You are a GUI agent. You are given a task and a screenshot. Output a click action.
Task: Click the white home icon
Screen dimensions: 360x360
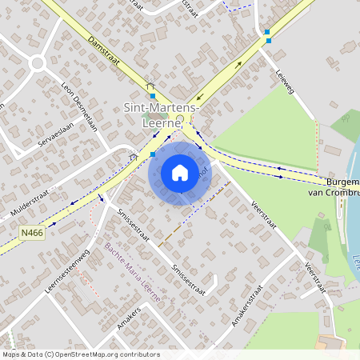coord(179,173)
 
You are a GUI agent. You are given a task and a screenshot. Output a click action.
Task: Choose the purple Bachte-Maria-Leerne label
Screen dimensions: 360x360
coord(134,271)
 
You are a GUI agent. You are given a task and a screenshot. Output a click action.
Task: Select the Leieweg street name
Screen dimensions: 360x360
coord(285,81)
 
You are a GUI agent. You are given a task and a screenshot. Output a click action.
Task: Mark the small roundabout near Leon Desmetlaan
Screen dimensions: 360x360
coord(38,63)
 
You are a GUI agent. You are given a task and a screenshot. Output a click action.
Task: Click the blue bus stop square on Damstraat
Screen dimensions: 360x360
coord(153,96)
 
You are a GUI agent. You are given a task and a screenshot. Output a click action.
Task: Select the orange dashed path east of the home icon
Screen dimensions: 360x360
coord(192,216)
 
